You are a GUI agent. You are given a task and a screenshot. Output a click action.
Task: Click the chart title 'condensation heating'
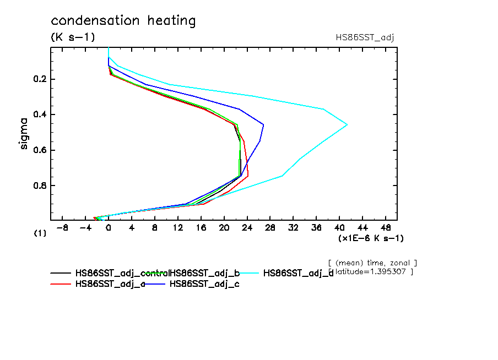click(123, 21)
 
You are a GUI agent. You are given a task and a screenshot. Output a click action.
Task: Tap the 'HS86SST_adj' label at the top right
click(365, 37)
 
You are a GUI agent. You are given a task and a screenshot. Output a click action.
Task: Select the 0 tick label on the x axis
click(109, 228)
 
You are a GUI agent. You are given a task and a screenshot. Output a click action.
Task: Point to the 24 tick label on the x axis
click(247, 228)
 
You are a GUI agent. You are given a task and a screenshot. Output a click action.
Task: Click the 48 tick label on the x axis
click(386, 228)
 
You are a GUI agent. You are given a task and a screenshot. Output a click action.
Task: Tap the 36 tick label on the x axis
click(317, 228)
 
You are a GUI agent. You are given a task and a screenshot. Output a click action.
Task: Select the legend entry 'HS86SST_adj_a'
click(110, 284)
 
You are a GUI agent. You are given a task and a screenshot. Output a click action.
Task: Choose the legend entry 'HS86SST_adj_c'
click(204, 284)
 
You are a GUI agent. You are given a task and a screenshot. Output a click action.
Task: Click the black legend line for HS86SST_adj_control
click(61, 273)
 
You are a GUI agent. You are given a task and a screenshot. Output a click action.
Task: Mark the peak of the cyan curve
click(347, 125)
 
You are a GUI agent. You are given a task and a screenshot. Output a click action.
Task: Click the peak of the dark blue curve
click(263, 125)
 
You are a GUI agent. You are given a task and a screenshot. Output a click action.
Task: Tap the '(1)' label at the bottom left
click(40, 233)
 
